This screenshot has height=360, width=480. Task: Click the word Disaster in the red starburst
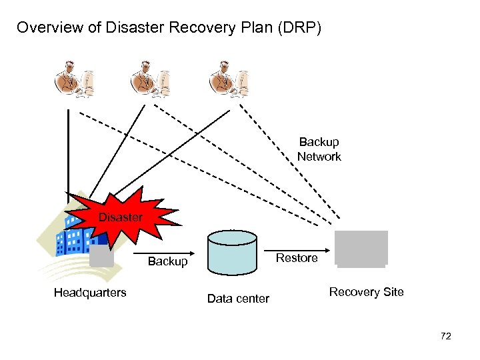(x=121, y=217)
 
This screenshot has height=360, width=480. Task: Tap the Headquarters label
(x=90, y=293)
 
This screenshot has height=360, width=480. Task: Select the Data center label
(x=238, y=299)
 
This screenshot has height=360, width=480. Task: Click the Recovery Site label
(x=367, y=292)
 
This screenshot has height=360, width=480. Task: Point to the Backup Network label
(x=319, y=149)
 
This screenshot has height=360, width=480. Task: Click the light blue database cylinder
(x=233, y=253)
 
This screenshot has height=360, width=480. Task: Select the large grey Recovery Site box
(x=361, y=249)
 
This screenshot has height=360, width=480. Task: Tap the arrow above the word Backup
(x=164, y=253)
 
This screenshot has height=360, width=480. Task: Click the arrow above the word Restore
(x=297, y=251)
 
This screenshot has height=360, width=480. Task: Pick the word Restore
(x=297, y=258)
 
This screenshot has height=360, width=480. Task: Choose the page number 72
(x=446, y=336)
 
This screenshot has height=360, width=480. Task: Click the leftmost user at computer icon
(x=74, y=79)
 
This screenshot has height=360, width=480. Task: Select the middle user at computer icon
(x=150, y=79)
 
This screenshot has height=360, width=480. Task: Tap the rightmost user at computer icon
(x=229, y=79)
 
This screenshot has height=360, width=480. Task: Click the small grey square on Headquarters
(x=101, y=256)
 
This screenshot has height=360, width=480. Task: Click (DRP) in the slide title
(x=300, y=27)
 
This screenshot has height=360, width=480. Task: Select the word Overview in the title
(x=49, y=27)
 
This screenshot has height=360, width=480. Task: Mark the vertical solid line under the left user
(x=68, y=157)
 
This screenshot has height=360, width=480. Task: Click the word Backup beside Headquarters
(x=168, y=261)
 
